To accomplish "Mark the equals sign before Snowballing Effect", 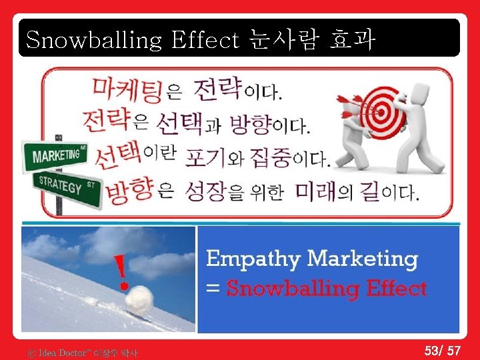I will click(213, 289).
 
